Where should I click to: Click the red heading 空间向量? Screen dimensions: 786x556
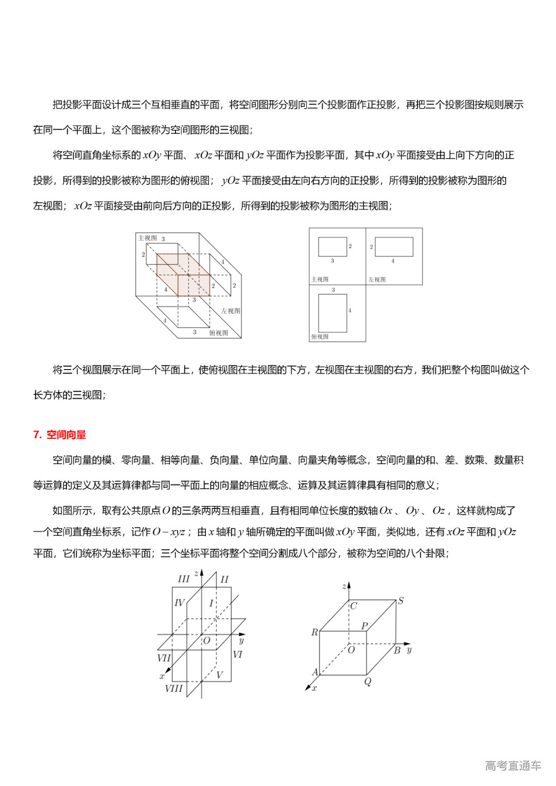pyautogui.click(x=66, y=435)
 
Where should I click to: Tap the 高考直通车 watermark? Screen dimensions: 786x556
pyautogui.click(x=513, y=765)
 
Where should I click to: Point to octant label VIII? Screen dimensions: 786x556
pyautogui.click(x=173, y=689)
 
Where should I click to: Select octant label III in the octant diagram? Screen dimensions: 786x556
pyautogui.click(x=183, y=579)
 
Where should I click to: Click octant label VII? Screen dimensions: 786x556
pyautogui.click(x=164, y=658)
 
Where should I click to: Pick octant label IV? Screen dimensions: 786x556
pyautogui.click(x=179, y=603)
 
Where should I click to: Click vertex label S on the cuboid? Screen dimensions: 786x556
pyautogui.click(x=401, y=601)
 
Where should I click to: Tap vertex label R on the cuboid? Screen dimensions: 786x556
pyautogui.click(x=315, y=632)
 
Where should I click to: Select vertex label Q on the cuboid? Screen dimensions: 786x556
pyautogui.click(x=368, y=682)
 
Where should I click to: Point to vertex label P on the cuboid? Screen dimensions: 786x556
pyautogui.click(x=364, y=625)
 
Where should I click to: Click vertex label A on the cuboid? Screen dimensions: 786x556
pyautogui.click(x=315, y=672)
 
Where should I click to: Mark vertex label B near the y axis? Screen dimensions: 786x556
pyautogui.click(x=397, y=651)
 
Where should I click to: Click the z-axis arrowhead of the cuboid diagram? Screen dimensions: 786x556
pyautogui.click(x=349, y=585)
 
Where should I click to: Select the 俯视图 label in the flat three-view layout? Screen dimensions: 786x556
pyautogui.click(x=320, y=337)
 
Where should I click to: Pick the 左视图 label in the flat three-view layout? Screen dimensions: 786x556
pyautogui.click(x=377, y=280)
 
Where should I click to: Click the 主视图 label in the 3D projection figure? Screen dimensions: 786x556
pyautogui.click(x=147, y=238)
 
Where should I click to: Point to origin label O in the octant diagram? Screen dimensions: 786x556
pyautogui.click(x=206, y=641)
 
